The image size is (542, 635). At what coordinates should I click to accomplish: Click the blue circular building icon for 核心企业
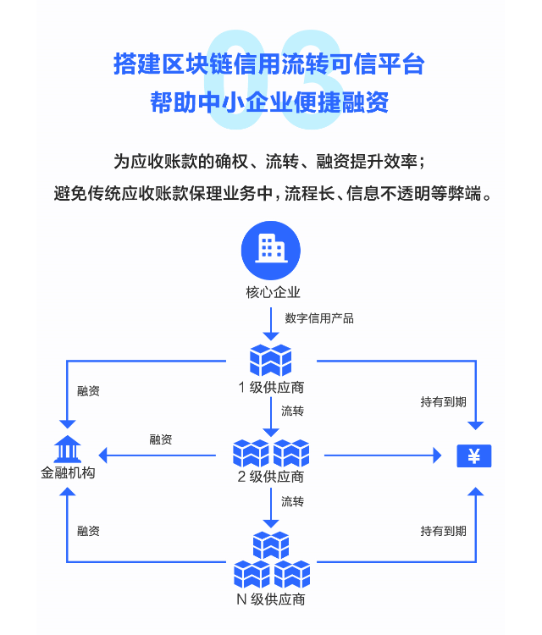271,248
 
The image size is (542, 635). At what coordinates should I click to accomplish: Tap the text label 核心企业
271,293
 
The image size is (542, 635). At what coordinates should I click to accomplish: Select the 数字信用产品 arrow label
319,318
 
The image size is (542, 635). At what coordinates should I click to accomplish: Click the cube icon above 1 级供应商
271,360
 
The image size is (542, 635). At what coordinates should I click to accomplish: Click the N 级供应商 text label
271,599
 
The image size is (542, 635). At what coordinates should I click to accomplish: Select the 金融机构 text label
68,472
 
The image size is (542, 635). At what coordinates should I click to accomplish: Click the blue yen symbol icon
474,456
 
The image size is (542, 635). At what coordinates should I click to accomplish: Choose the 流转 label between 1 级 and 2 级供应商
292,411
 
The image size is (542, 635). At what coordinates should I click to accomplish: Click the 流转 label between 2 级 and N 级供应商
292,501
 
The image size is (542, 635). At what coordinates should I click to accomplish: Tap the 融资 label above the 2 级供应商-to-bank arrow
161,439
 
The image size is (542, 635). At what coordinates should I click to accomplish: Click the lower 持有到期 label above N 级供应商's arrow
443,531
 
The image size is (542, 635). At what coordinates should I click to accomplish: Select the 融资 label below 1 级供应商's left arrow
88,390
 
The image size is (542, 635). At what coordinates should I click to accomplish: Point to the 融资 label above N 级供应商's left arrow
88,531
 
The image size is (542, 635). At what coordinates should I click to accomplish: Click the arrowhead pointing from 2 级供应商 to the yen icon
437,456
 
